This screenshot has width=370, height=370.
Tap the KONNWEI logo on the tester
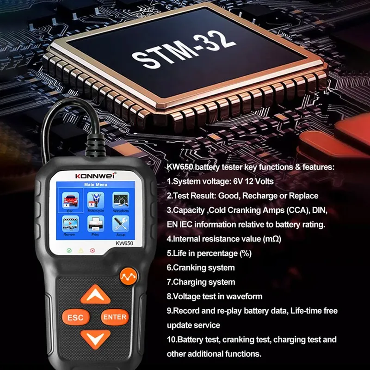point(95,176)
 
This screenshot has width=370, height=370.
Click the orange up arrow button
point(95,295)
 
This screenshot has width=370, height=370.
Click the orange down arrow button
point(95,339)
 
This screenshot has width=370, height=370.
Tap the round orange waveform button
point(129,276)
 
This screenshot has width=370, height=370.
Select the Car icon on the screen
point(70,200)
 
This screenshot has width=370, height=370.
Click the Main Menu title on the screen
point(96,185)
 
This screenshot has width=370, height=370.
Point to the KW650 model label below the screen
point(124,243)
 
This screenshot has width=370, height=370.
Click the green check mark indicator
point(69,250)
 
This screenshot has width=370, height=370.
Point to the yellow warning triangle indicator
point(81,250)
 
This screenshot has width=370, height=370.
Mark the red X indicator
point(92,250)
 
